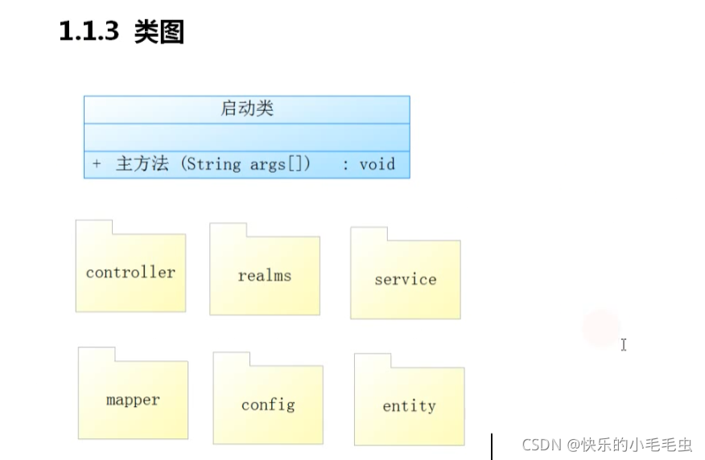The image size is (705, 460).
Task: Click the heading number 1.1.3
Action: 89,31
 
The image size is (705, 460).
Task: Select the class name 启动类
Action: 247,109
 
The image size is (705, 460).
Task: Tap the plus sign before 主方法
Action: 97,164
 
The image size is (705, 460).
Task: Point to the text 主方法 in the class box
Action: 142,164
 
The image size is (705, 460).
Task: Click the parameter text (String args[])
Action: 245,164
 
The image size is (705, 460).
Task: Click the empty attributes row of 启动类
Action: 247,137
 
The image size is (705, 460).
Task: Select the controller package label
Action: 130,272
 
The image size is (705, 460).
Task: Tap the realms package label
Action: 265,276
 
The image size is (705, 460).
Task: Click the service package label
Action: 406,280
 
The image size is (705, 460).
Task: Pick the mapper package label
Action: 133,400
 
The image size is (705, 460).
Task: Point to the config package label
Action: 268,405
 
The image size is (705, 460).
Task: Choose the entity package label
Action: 409,406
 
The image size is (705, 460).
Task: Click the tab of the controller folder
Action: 94,227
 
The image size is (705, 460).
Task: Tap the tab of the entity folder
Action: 373,360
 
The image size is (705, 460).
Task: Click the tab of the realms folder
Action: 228,230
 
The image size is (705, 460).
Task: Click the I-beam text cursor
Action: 624,344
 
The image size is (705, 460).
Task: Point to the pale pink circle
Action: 601,328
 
